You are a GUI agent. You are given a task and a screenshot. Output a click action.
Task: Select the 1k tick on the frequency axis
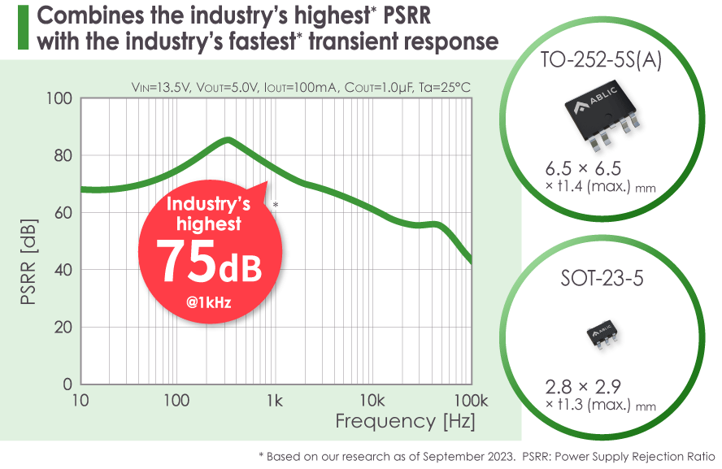click(274, 401)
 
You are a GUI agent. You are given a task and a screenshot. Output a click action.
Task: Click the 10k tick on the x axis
click(372, 401)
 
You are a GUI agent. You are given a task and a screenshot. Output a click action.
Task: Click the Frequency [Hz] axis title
click(405, 422)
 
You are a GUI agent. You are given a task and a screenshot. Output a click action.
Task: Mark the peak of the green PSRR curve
click(228, 139)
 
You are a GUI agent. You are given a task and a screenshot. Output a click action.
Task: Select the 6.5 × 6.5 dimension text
click(583, 169)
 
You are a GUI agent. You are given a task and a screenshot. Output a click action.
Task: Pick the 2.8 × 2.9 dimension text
click(584, 386)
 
